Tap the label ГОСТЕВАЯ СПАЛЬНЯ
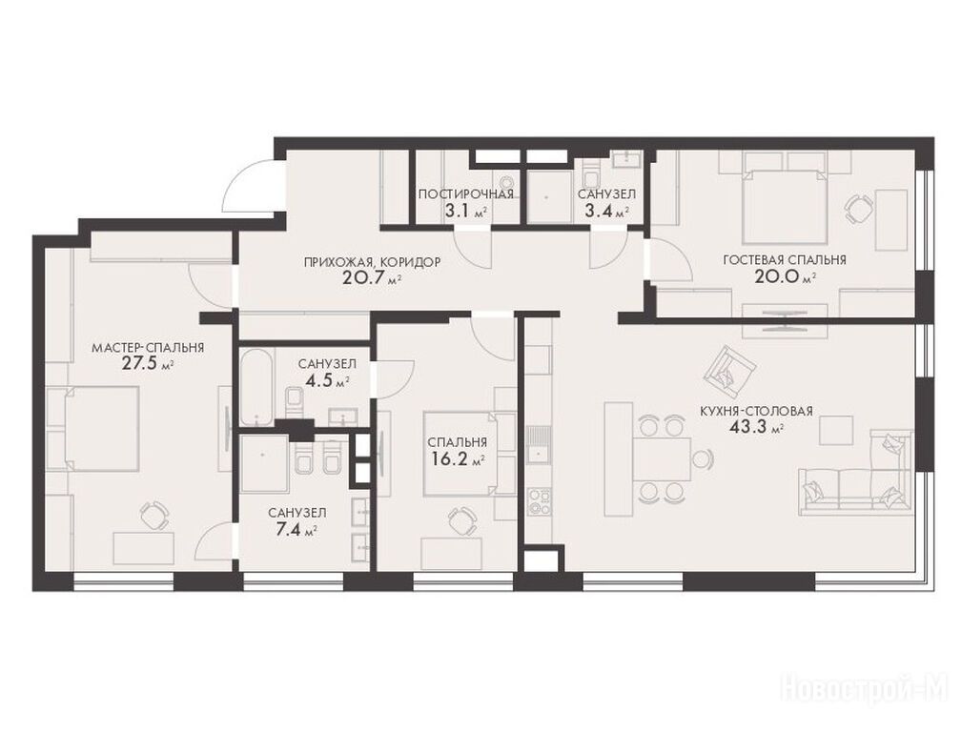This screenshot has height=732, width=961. (785, 259)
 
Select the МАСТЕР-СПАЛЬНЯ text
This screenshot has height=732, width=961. (148, 348)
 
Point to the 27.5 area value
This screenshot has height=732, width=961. (140, 364)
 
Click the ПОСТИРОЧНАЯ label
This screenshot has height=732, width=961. (466, 194)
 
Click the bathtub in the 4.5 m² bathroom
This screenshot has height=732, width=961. (256, 387)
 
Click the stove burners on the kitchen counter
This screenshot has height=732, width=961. (540, 499)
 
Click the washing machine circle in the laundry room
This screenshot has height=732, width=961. (506, 182)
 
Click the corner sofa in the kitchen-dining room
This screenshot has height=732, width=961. (857, 474)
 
